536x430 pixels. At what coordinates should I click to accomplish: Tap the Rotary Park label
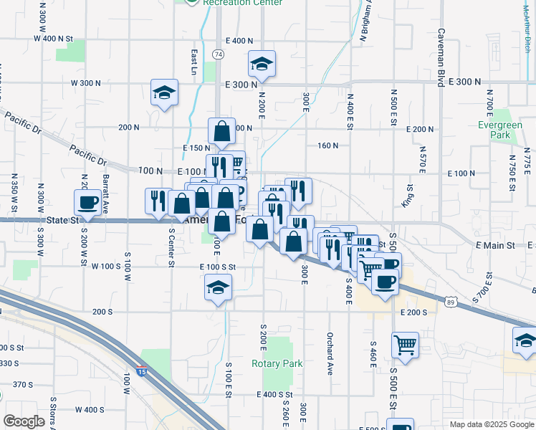click(x=277, y=363)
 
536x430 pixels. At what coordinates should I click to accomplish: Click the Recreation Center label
click(x=232, y=3)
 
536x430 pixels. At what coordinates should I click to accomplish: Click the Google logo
click(x=24, y=421)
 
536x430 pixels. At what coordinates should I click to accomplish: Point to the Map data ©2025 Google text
click(x=491, y=424)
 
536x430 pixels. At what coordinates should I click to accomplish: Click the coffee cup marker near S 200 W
click(x=89, y=202)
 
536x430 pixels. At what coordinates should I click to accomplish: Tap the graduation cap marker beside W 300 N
click(x=164, y=92)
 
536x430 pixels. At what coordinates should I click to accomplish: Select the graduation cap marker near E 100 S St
click(x=218, y=288)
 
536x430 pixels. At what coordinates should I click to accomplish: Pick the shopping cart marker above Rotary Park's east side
click(x=406, y=344)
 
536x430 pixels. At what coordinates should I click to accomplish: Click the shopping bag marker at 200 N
click(x=222, y=131)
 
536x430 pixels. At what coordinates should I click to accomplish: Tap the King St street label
click(x=409, y=195)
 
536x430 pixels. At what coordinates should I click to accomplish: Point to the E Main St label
click(x=495, y=245)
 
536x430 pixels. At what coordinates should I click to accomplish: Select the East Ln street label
click(x=194, y=62)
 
